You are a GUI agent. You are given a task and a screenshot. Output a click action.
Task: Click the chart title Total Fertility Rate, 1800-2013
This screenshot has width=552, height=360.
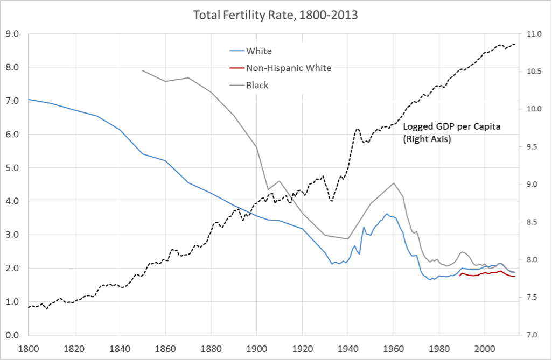click(275, 15)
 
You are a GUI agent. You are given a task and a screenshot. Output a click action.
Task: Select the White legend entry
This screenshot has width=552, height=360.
click(258, 51)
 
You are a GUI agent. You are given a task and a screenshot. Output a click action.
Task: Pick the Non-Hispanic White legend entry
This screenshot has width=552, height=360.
click(288, 68)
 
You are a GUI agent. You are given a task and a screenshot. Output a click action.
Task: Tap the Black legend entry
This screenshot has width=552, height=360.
click(257, 85)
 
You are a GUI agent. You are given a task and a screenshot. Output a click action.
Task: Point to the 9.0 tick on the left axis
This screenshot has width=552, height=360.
click(12, 34)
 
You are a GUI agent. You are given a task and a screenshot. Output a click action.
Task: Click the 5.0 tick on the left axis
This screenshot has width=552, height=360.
click(12, 168)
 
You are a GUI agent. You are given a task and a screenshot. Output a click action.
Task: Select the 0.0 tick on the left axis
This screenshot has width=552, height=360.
click(12, 335)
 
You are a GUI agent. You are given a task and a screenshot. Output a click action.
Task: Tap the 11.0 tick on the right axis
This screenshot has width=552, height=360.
click(533, 34)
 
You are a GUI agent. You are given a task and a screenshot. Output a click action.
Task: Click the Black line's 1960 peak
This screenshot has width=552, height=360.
click(394, 183)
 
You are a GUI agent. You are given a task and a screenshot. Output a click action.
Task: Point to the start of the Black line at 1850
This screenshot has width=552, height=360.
click(142, 70)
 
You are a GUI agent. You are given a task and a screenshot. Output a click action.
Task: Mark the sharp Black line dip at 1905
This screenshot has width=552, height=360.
click(268, 189)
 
